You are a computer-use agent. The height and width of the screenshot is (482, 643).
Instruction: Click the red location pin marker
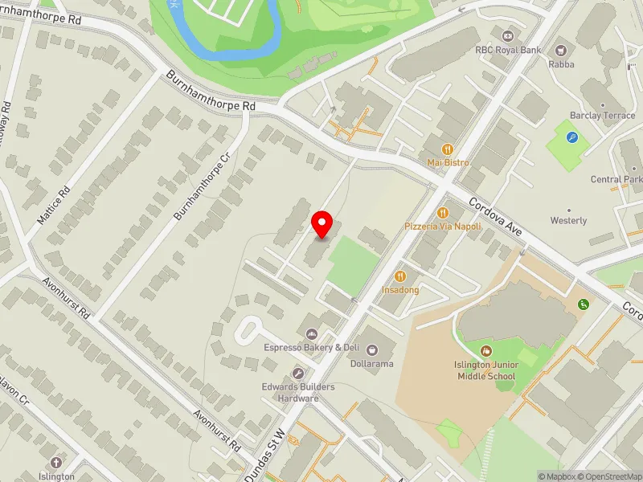point(322,224)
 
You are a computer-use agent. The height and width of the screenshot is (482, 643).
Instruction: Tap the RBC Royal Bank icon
point(507,35)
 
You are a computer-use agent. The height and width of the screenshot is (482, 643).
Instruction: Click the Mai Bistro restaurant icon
point(448,149)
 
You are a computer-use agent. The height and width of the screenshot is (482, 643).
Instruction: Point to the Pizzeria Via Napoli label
point(443,227)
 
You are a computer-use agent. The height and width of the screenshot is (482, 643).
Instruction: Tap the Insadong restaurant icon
point(400,276)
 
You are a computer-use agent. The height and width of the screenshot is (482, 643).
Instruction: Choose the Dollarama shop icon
point(372,349)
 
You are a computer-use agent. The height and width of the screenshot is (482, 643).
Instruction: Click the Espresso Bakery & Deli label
point(311,348)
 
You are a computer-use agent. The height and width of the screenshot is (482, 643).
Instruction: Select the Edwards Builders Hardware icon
point(298,374)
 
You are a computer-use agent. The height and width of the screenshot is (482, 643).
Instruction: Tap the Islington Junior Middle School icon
point(485,351)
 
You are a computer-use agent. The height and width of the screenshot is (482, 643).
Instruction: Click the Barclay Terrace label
point(602,116)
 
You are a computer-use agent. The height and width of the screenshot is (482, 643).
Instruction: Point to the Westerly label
point(568,220)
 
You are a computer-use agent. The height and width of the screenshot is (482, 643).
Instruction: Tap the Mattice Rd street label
point(54,206)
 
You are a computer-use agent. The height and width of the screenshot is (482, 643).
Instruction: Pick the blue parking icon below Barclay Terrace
point(571,137)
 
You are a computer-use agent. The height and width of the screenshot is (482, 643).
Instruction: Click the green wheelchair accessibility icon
point(583,304)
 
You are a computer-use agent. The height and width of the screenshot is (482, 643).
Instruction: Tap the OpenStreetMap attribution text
point(608,476)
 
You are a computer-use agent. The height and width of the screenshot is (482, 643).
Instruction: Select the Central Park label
point(616,179)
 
